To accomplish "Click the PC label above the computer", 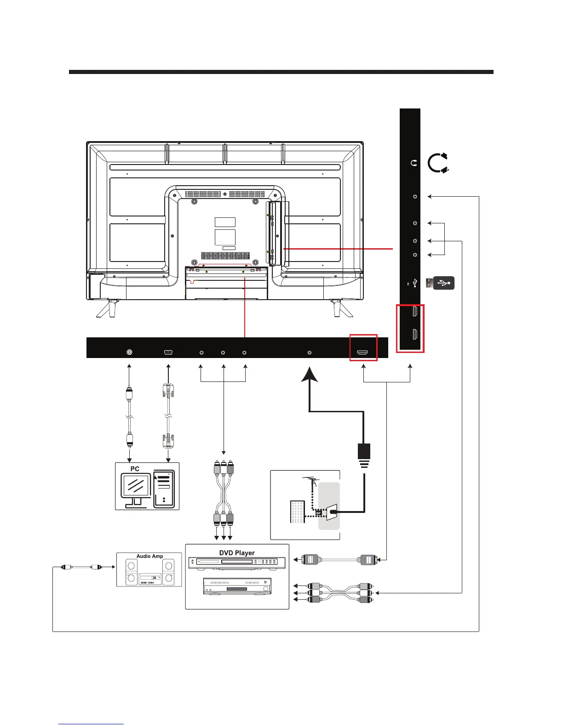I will pos(135,469).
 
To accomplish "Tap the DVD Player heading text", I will pos(237,553).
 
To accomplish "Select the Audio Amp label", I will pos(149,556).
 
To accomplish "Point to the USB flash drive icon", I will pos(440,283).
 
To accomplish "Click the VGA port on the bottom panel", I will pos(168,353).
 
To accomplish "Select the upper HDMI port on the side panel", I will pos(415,312).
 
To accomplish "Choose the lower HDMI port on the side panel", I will pos(415,335).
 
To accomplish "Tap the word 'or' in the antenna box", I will pos(318,513).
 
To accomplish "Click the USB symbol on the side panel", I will pos(415,283).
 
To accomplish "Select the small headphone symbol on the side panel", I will pos(414,163).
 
